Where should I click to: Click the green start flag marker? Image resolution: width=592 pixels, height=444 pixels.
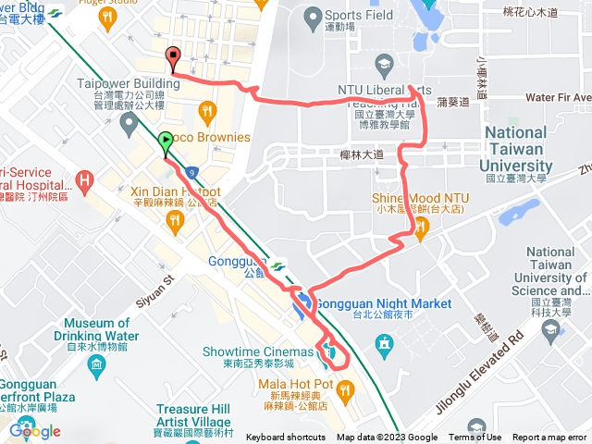[x=166, y=142]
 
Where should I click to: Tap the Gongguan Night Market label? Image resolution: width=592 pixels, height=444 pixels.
[x=384, y=303]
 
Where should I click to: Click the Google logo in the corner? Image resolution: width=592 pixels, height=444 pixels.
[x=35, y=431]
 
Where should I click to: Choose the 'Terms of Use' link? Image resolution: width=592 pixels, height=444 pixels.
[x=475, y=438]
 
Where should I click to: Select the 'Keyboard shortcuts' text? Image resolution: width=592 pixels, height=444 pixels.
[x=285, y=438]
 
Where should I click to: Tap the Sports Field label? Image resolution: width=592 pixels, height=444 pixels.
[x=359, y=16]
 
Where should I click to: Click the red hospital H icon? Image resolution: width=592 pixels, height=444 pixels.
[x=84, y=178]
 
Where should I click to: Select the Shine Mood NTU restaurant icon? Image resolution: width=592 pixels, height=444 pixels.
[x=415, y=232]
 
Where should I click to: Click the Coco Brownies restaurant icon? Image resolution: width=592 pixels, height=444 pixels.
[x=206, y=112]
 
